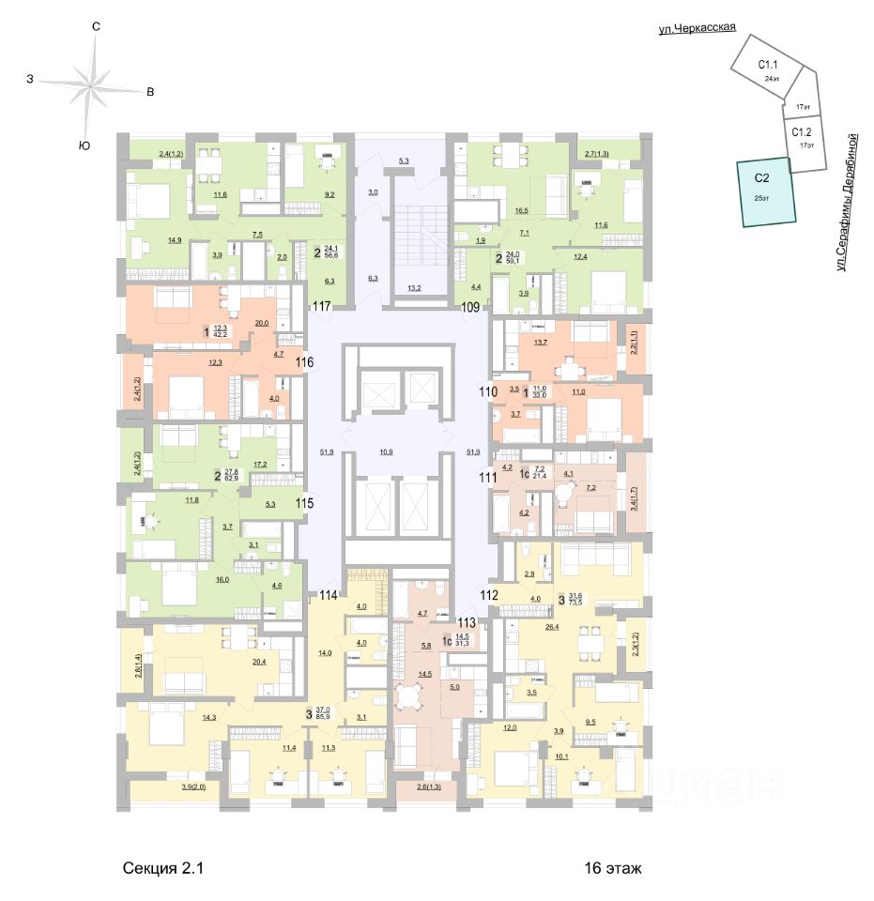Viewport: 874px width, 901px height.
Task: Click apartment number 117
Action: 323,306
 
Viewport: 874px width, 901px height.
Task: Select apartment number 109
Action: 470,306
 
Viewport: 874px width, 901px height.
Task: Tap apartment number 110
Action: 486,391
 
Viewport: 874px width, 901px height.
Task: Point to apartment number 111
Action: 486,478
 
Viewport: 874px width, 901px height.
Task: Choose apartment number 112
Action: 488,593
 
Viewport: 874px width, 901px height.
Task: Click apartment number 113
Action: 467,620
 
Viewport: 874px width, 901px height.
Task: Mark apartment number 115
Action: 304,503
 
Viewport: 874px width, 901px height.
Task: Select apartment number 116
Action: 304,362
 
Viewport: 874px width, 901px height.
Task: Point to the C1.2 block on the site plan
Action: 802,138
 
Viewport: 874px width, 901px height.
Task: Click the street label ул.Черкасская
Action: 696,29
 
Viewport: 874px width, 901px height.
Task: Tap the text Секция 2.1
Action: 162,869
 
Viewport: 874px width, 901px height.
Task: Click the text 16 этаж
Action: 612,869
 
